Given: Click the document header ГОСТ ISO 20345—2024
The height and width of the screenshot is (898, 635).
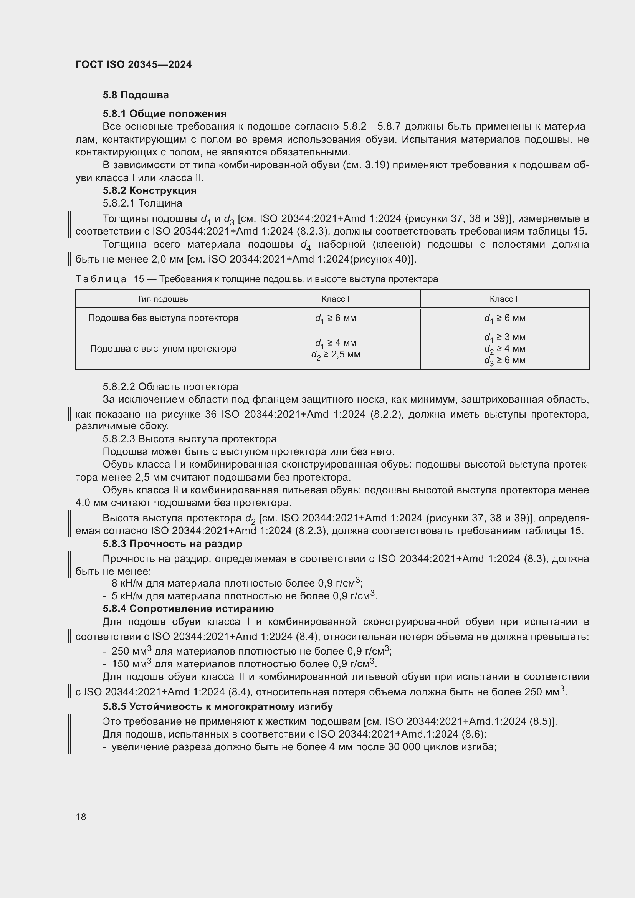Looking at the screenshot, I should (133, 64).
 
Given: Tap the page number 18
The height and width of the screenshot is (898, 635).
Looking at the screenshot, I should (81, 817).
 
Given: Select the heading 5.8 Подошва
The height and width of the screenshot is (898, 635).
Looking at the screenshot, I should (136, 95).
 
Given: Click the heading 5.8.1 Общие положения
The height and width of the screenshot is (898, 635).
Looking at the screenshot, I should (164, 114).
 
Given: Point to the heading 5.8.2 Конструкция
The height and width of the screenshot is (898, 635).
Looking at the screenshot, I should (149, 190).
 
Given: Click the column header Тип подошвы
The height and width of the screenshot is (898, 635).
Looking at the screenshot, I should (163, 299).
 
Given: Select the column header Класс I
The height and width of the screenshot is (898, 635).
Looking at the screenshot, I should (335, 299).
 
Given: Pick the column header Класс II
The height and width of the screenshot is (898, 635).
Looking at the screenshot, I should (504, 299).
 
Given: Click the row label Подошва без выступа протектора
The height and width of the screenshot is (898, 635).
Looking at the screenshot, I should (163, 318).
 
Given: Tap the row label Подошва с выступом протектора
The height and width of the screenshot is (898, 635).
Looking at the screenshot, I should (163, 349).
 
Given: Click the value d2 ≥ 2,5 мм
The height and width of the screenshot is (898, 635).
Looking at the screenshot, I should (336, 355).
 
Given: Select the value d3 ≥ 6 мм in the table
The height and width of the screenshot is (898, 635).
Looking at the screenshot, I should (504, 360).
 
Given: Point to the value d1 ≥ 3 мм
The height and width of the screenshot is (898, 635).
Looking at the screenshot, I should (504, 337).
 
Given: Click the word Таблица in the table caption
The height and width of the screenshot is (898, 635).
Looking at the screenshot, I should (101, 279).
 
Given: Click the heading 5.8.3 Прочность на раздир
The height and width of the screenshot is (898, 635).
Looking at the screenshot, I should (172, 544).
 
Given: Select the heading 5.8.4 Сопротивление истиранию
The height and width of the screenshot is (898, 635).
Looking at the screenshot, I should (188, 609).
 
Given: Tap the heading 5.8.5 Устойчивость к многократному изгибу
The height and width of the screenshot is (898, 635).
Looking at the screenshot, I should (217, 706).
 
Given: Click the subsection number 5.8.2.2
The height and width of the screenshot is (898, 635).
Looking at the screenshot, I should (119, 387).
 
